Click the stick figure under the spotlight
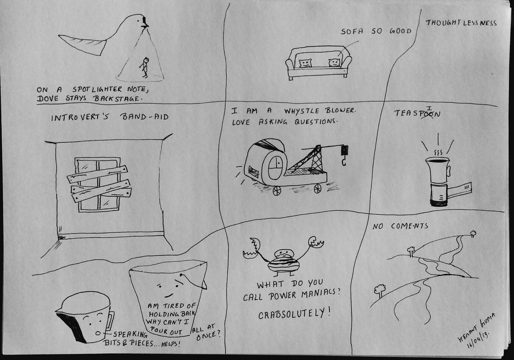(x=146, y=67)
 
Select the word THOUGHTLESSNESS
(x=461, y=23)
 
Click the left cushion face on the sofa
(x=305, y=63)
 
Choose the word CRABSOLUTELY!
(x=294, y=314)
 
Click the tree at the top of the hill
(x=473, y=233)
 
